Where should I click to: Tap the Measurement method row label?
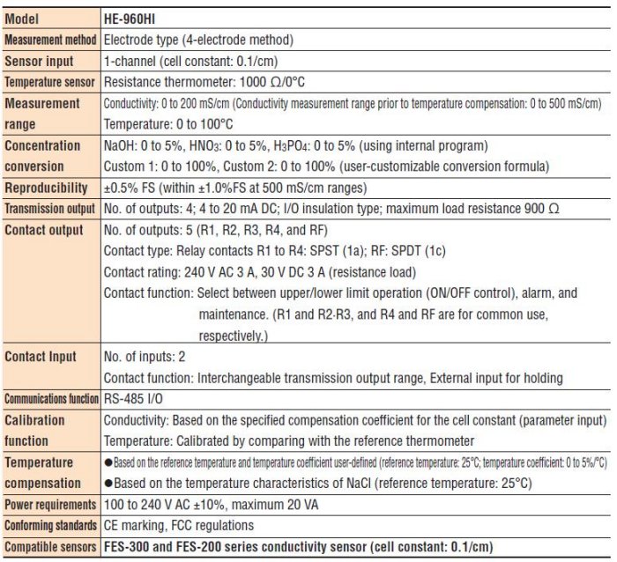click(x=51, y=41)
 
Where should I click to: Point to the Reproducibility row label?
click(x=47, y=188)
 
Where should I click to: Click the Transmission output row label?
click(x=51, y=209)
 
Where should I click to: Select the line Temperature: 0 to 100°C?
click(x=170, y=124)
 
